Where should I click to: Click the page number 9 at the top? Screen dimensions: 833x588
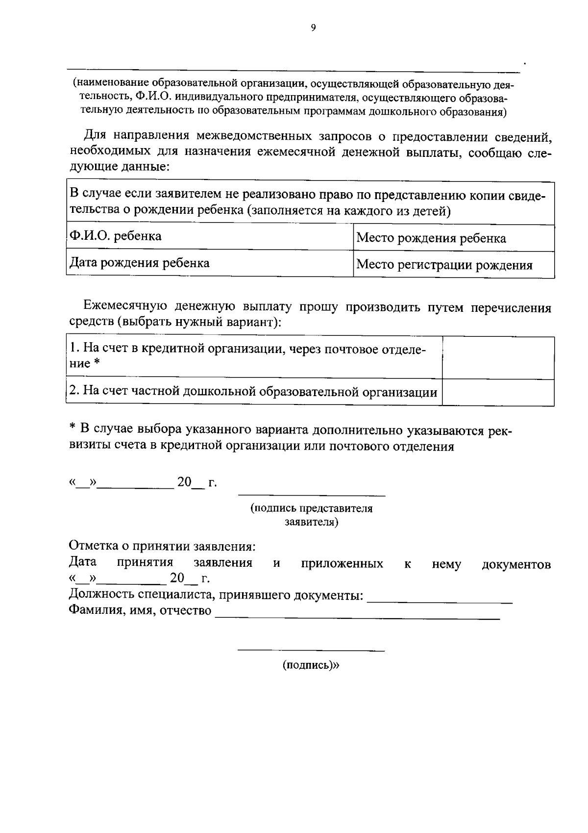coord(313,28)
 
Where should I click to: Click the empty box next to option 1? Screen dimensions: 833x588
coord(498,357)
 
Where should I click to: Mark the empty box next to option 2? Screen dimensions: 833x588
coord(498,392)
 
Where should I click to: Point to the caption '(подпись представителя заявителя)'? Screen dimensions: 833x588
coord(312,515)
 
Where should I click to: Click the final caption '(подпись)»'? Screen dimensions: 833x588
coord(311,665)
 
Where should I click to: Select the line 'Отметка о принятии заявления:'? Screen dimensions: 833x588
coord(162,546)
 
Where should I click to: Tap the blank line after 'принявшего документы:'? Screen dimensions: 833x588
coord(440,601)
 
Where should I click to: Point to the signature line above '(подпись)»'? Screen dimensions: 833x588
coord(311,650)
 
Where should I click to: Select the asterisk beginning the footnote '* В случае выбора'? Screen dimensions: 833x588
coord(71,429)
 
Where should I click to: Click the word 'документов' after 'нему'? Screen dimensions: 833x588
coord(516,564)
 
